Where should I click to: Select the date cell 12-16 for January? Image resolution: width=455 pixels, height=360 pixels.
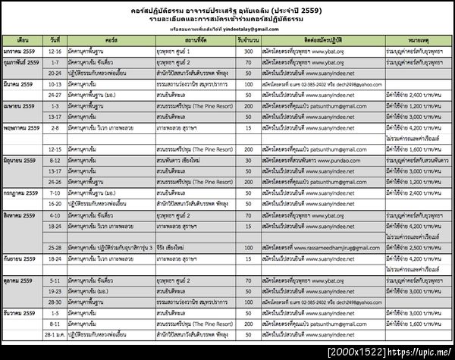(54, 51)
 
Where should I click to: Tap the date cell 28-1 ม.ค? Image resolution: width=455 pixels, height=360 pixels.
(54, 333)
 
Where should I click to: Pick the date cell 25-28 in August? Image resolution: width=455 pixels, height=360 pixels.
(54, 248)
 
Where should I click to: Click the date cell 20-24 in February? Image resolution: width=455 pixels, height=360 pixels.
(54, 73)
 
